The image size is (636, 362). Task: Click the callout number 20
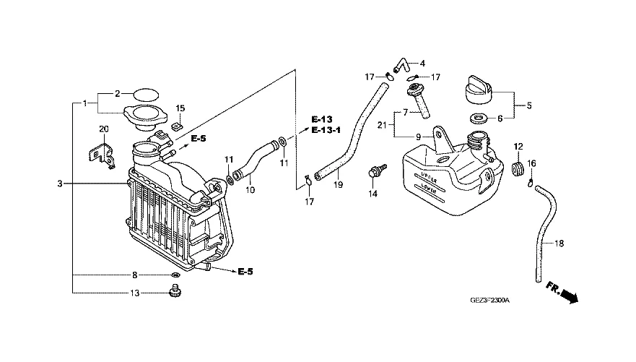click(103, 129)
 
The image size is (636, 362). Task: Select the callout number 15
click(180, 108)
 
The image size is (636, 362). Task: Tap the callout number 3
click(60, 184)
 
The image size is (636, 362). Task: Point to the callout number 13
click(135, 293)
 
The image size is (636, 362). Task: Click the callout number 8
click(134, 275)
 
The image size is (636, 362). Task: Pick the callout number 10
click(251, 190)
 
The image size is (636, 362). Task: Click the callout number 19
click(338, 185)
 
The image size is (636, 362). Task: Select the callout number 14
click(373, 194)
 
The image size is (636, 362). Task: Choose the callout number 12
click(518, 147)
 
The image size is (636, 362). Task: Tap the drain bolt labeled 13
click(173, 292)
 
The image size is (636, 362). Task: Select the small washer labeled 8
click(175, 275)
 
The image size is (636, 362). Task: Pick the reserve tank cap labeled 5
click(474, 89)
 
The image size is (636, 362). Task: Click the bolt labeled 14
click(374, 172)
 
